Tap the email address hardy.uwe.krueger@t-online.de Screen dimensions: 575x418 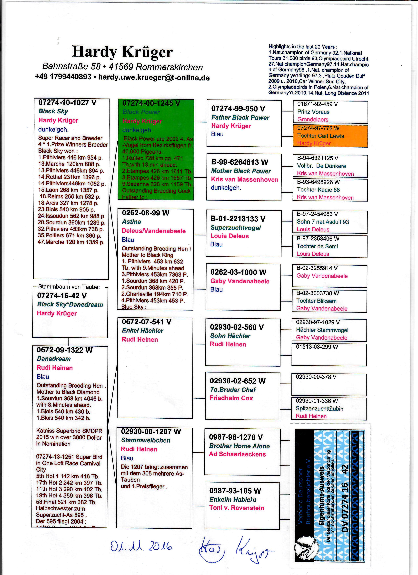click(154, 77)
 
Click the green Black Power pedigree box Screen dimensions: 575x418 click(156, 150)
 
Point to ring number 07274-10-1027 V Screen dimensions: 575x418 click(67, 103)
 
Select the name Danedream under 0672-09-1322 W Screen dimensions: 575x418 click(54, 359)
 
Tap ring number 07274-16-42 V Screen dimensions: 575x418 click(62, 296)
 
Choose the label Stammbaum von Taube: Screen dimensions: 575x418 click(69, 287)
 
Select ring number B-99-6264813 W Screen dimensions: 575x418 click(239, 162)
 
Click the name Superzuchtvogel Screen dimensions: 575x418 click(236, 228)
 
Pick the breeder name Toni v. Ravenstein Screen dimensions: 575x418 click(237, 508)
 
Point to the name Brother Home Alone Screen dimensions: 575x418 click(239, 446)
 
